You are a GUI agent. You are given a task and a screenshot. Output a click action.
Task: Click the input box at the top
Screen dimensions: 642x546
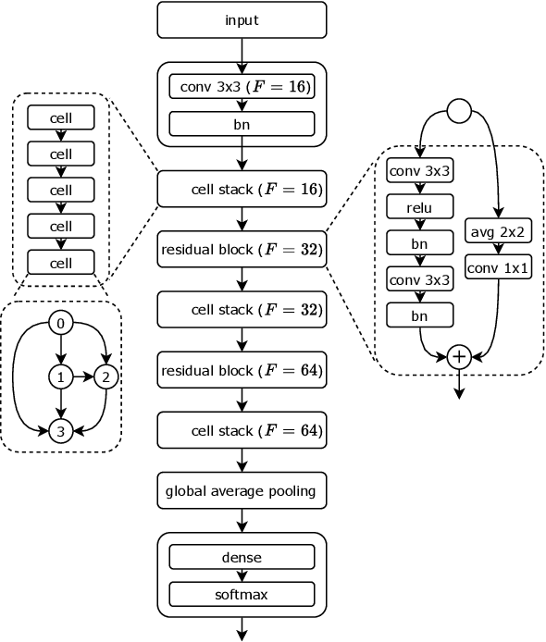pos(242,19)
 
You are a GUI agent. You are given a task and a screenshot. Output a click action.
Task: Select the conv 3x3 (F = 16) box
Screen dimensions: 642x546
pos(242,88)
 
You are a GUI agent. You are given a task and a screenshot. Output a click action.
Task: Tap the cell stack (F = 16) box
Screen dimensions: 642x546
pos(242,189)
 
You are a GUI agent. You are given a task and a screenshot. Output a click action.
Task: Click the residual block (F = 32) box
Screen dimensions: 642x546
pos(242,249)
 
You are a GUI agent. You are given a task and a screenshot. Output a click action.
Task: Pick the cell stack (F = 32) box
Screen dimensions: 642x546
pos(242,309)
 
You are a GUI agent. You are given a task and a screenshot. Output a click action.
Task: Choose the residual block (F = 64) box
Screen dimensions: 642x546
pos(242,370)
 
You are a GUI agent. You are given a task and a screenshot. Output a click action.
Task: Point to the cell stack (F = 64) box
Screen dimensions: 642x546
pos(242,430)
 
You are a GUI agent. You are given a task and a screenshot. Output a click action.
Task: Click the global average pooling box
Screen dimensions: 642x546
pos(242,490)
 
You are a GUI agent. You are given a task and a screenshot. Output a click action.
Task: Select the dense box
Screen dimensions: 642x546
pos(242,557)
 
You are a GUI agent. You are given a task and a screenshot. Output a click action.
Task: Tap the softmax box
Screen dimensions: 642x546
pos(242,594)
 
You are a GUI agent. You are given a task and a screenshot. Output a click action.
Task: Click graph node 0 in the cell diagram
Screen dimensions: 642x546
pos(61,323)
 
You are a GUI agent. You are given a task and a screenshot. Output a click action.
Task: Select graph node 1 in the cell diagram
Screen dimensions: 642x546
pos(61,377)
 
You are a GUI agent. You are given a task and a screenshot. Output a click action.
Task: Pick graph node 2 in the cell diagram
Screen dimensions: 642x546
pos(106,377)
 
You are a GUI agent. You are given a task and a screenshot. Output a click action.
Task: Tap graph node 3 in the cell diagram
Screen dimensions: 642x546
pos(61,430)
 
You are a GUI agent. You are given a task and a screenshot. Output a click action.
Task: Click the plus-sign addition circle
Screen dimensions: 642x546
pos(458,356)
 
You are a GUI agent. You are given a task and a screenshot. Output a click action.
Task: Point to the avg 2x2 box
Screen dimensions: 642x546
pos(498,232)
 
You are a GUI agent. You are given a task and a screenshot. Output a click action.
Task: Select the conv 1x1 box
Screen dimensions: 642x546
pos(498,267)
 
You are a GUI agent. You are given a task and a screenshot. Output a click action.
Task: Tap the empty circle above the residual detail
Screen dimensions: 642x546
pos(460,113)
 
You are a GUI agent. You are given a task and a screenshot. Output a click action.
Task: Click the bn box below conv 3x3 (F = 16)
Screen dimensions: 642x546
pos(242,123)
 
